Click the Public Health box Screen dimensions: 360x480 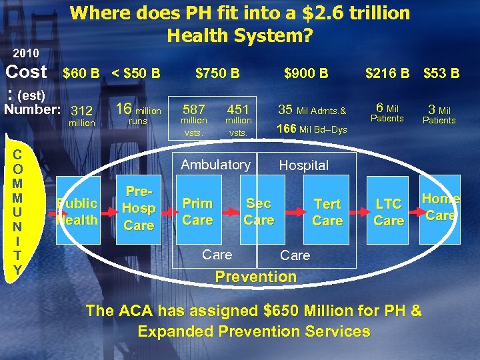pos(78,211)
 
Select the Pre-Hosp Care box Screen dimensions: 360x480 pos(139,208)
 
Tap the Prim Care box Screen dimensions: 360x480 pos(198,211)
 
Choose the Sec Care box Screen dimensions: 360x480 pos(259,211)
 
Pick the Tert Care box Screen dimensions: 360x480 pos(327,212)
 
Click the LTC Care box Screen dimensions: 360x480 pos(389,212)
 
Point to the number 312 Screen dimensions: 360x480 pos(82,110)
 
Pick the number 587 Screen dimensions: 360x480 pos(193,109)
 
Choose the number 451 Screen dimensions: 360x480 pos(238,109)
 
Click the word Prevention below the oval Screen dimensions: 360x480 pos(255,276)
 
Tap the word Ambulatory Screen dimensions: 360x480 pos(216,164)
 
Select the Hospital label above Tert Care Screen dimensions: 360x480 pos(303,165)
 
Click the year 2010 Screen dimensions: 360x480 pos(25,53)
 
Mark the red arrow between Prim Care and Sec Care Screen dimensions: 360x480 pos(229,212)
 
